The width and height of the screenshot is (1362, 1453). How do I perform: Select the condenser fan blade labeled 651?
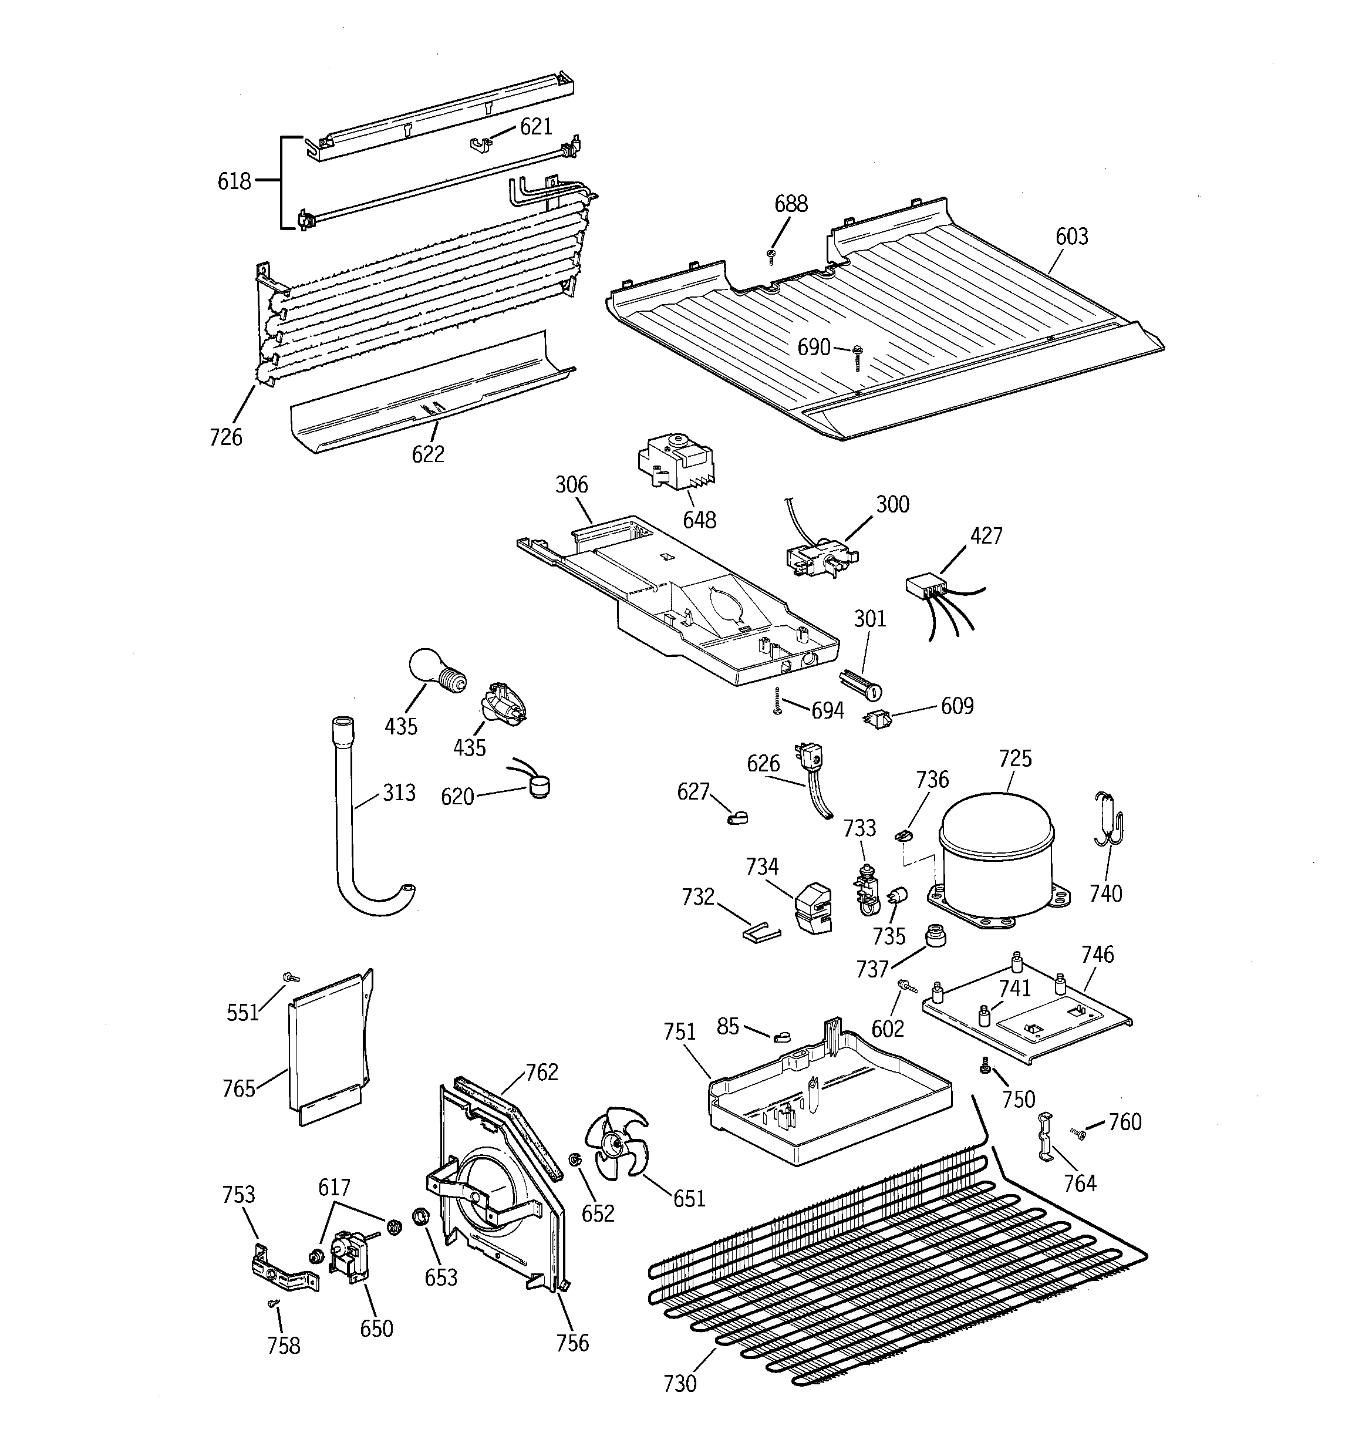click(x=616, y=1144)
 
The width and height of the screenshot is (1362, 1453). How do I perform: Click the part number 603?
click(x=1071, y=236)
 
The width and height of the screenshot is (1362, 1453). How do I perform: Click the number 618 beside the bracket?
click(x=234, y=181)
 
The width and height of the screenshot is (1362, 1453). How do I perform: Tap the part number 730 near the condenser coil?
click(x=679, y=1384)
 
